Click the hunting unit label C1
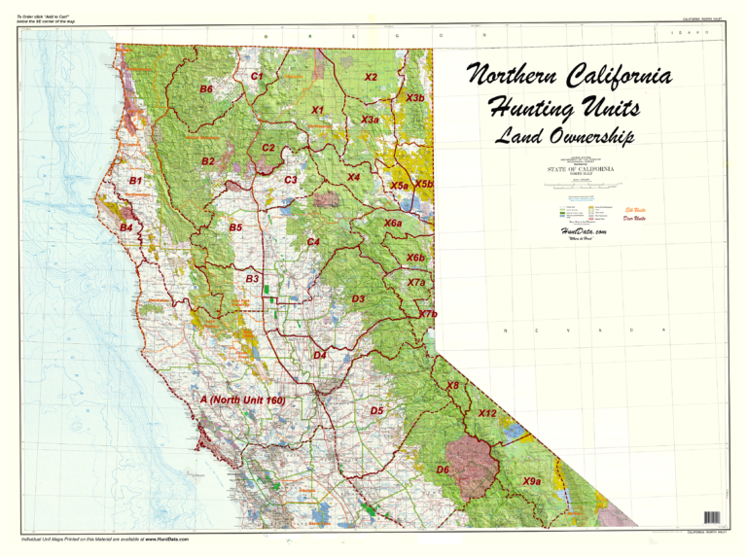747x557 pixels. click(258, 76)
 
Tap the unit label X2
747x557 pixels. click(371, 77)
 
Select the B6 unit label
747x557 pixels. click(206, 89)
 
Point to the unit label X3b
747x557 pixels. click(415, 98)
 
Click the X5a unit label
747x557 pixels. click(399, 185)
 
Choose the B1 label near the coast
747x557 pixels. click(136, 181)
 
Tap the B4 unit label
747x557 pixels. click(126, 227)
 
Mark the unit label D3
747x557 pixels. click(358, 298)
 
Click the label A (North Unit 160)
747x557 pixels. click(241, 400)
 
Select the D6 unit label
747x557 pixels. click(443, 470)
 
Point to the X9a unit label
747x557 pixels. click(531, 481)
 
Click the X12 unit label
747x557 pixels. click(487, 413)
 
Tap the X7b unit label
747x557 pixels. click(428, 314)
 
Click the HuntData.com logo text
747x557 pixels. click(584, 232)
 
